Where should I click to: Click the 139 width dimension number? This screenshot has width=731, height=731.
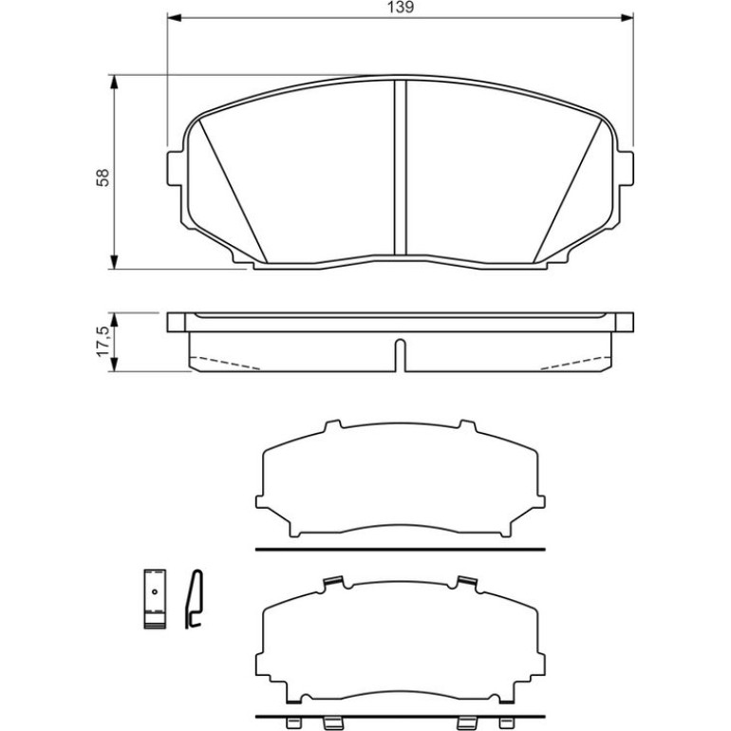click(401, 8)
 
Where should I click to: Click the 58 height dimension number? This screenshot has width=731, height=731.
click(103, 178)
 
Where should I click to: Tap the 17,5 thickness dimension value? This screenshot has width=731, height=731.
click(103, 341)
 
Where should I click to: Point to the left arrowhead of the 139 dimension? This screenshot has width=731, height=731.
click(174, 18)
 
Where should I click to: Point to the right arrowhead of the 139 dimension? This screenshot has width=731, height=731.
click(627, 18)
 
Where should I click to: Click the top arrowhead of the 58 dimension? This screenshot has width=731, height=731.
click(114, 82)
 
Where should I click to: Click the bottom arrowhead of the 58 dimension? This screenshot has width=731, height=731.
click(114, 262)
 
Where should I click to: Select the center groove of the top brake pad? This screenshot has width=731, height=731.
click(401, 168)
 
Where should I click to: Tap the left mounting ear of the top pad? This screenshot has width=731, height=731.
click(176, 168)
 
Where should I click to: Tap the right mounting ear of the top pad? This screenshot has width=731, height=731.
click(626, 168)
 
